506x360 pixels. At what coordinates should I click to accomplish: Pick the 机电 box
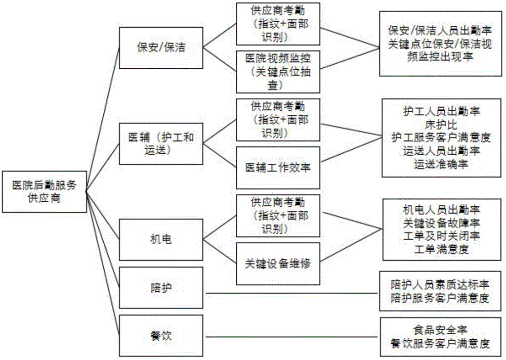161,239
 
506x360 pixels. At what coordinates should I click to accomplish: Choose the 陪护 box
161,289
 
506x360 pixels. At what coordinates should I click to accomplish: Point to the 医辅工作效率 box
278,167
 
